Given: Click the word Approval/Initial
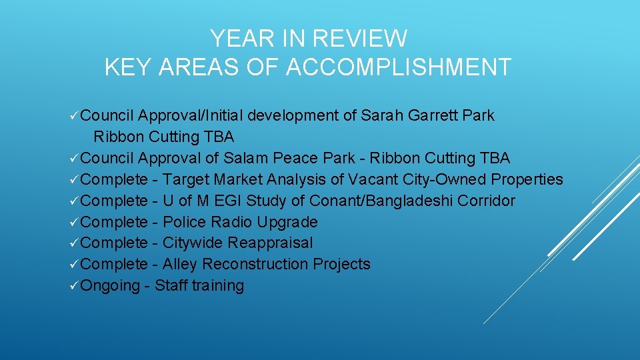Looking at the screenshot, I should pyautogui.click(x=191, y=115).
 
